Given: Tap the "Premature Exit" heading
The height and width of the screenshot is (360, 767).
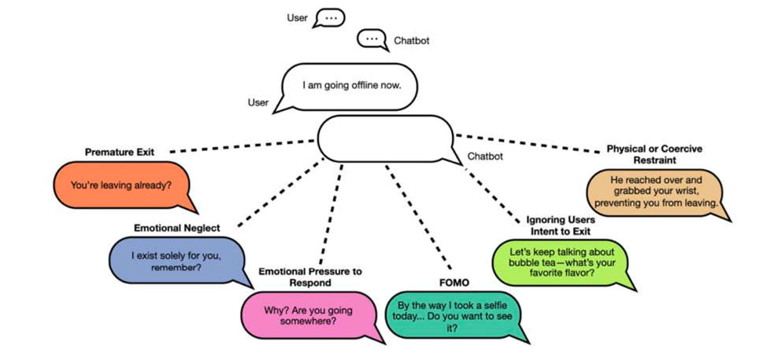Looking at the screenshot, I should [x=120, y=151].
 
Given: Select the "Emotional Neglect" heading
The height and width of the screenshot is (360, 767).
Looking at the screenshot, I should [x=176, y=228].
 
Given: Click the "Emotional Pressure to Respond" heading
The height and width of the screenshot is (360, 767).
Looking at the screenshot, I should [x=310, y=276].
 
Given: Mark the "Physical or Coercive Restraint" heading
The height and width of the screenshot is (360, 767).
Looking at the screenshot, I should [x=654, y=154].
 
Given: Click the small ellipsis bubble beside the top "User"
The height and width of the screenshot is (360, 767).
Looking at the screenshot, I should [x=329, y=17].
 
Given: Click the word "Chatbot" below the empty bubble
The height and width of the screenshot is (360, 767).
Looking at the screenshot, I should [x=486, y=156].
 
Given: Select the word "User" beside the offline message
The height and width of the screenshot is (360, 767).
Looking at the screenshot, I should [x=258, y=102].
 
